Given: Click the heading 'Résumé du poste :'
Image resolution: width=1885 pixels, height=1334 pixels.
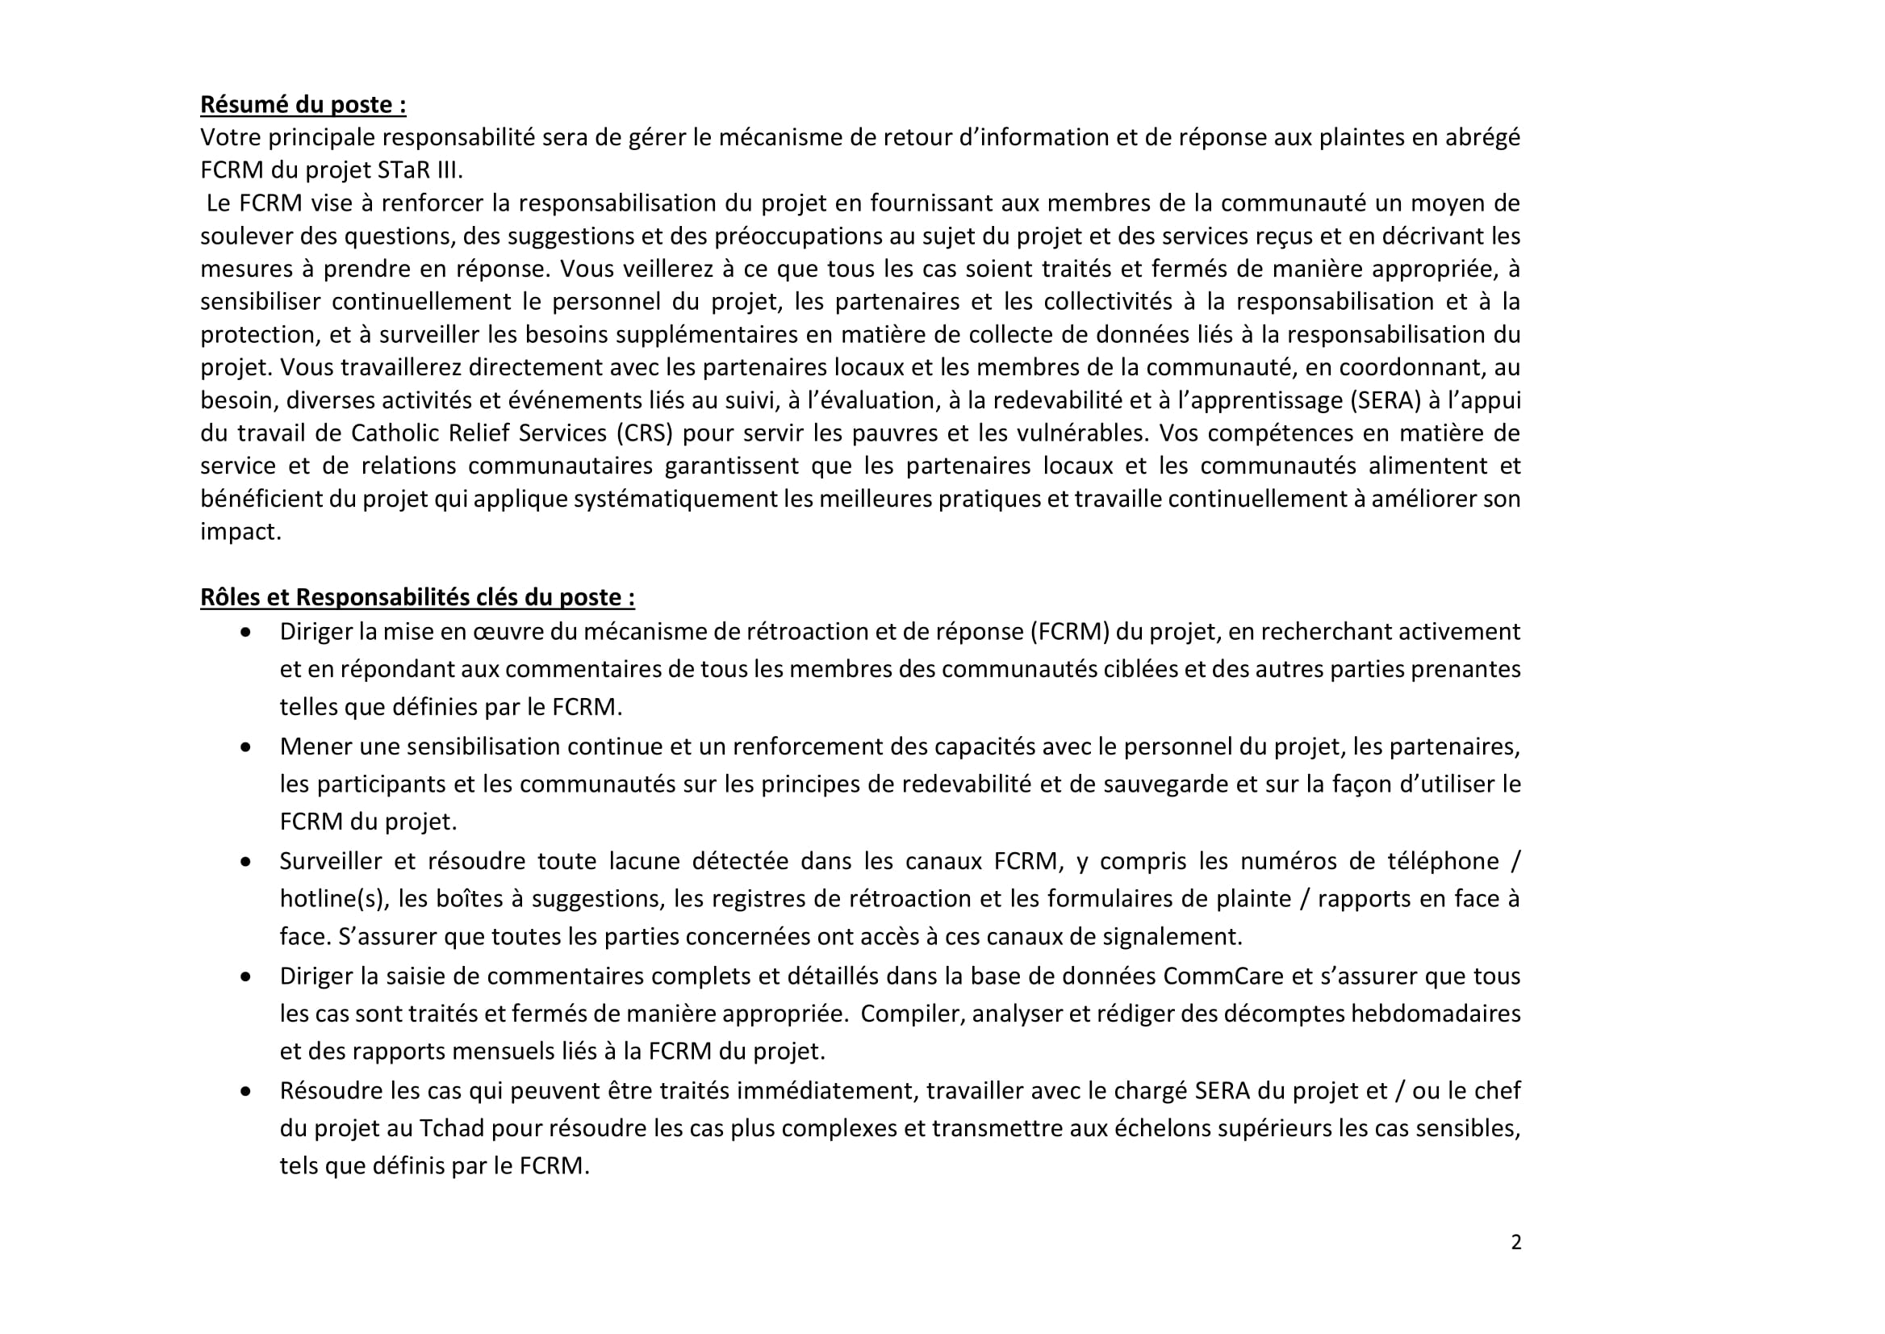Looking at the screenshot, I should [303, 104].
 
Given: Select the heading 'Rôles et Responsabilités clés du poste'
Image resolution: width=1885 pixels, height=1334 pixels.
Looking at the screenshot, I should [417, 597].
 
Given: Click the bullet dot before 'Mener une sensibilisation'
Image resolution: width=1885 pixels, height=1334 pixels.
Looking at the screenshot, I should [245, 747].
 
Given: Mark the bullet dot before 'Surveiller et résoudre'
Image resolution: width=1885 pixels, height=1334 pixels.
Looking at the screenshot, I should [245, 863].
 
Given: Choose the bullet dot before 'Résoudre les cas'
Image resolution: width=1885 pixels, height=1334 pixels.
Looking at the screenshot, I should [245, 1092].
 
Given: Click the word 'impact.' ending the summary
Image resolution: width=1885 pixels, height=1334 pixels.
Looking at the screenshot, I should [240, 532].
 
